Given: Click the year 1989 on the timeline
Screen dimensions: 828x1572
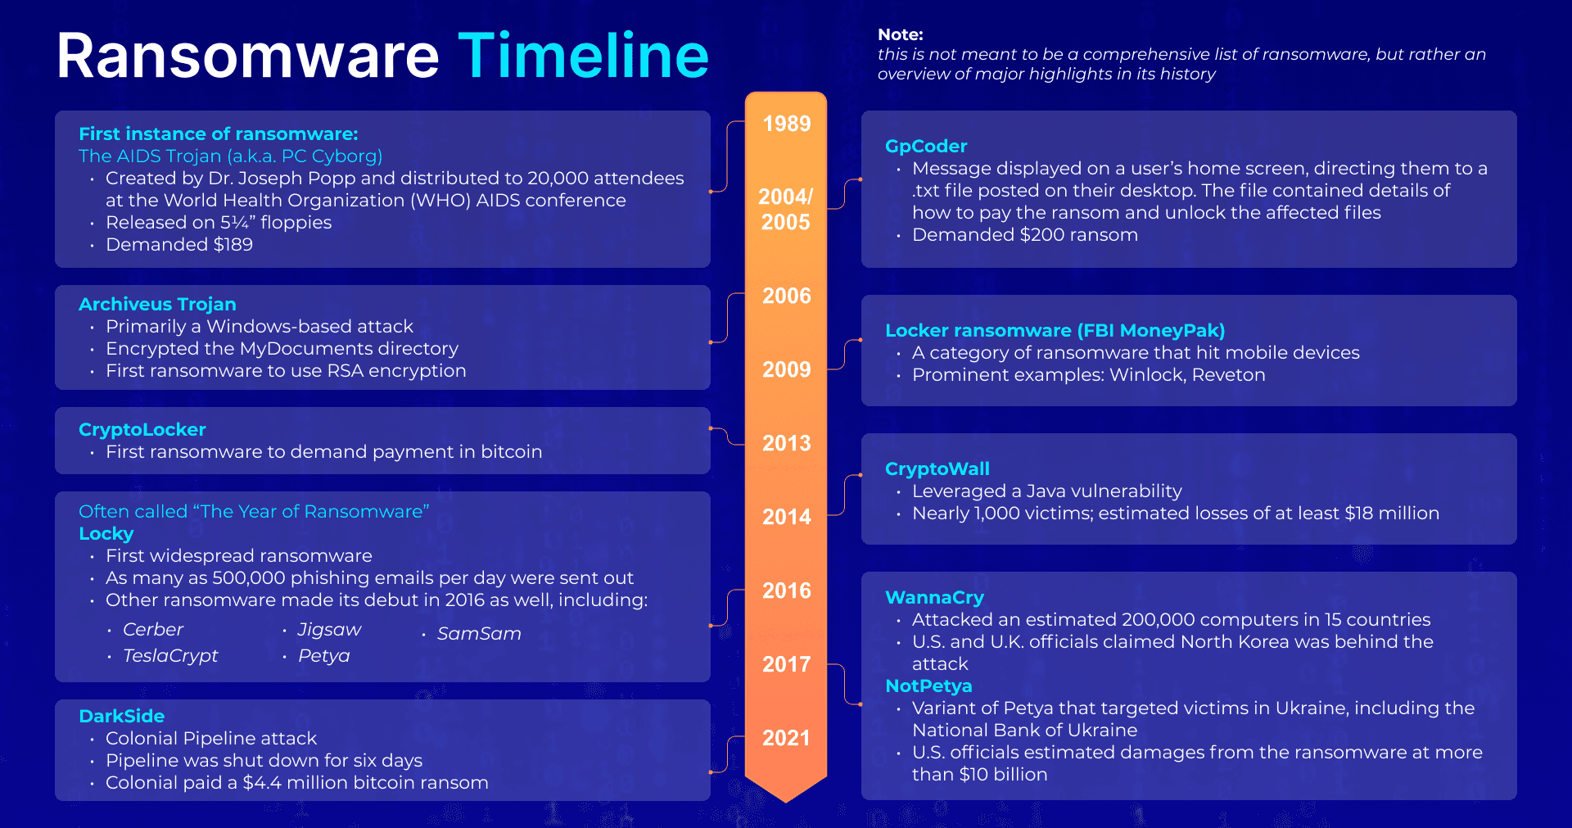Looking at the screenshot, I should click(786, 124).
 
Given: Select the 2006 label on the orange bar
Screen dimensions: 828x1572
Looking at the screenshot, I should click(786, 296).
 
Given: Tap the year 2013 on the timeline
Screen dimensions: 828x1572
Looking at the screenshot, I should click(786, 443).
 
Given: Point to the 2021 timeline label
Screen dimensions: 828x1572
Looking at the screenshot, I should click(786, 738).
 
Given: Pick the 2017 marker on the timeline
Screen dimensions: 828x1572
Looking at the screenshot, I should click(786, 664).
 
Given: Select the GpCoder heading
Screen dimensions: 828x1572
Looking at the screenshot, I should click(926, 146).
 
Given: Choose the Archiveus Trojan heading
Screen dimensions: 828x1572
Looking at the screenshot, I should click(157, 304).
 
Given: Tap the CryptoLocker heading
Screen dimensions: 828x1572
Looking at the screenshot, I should click(142, 429).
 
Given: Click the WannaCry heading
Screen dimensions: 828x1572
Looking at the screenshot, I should click(934, 597).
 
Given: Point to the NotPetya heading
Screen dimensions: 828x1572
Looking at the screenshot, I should click(928, 685).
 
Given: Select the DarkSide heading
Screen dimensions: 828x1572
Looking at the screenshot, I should click(121, 716).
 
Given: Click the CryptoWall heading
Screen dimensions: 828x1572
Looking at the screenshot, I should click(937, 468).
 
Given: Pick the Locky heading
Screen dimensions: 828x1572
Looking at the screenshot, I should click(106, 533).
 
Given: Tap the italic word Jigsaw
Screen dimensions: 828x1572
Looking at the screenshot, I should click(329, 629).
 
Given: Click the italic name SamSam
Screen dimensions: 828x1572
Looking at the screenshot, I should click(479, 633).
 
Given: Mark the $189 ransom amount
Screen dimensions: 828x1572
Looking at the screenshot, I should click(233, 244).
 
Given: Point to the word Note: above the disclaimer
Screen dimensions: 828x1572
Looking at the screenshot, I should click(900, 34).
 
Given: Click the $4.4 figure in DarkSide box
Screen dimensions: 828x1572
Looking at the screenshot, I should click(262, 782).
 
